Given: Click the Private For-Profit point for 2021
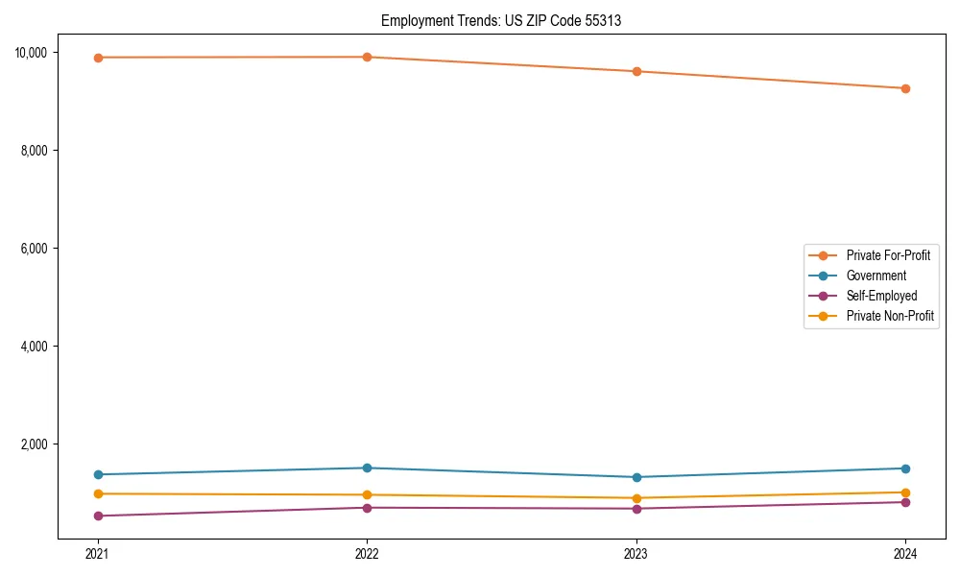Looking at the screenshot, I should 98,58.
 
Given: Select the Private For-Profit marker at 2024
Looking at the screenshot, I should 905,88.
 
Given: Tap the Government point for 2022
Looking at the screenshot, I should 367,468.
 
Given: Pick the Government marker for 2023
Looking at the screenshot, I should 636,477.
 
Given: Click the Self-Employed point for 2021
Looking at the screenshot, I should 98,516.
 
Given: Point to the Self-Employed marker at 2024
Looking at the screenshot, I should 905,502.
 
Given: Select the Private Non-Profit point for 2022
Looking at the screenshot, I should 367,495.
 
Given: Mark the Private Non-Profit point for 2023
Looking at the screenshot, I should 636,498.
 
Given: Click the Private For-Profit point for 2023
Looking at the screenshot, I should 636,71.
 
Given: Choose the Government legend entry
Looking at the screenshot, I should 876,276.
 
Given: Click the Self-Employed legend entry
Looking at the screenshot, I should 881,296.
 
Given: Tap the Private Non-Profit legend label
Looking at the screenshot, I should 890,316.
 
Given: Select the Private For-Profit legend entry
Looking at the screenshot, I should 887,255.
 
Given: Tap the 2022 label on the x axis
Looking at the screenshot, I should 367,554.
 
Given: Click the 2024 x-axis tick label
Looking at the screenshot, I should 905,554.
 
